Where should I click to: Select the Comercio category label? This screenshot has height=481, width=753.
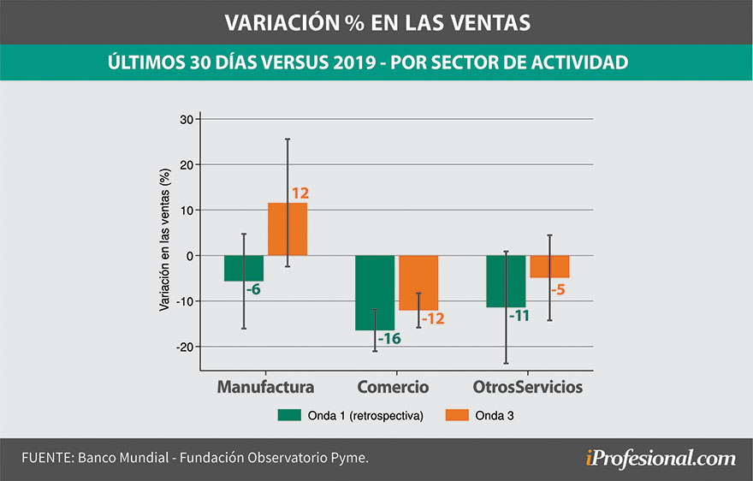[x=393, y=387]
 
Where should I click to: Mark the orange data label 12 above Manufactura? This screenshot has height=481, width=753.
[x=299, y=194]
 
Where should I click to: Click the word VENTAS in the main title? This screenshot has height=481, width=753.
[x=483, y=22]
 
